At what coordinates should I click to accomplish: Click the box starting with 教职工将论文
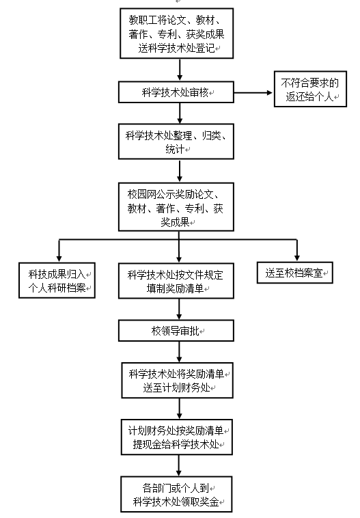(177, 33)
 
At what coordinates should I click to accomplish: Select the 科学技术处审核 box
(176, 92)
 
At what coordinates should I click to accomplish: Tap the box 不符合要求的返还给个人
(310, 89)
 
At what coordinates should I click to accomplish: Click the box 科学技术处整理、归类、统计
(176, 141)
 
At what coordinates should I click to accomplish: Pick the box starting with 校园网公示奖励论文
(176, 207)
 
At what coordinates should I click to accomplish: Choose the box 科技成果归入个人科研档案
(57, 280)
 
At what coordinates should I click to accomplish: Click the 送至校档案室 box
(295, 273)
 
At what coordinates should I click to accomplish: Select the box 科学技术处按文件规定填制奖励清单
(176, 281)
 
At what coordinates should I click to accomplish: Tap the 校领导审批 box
(176, 330)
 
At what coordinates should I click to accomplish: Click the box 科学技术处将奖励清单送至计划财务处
(178, 380)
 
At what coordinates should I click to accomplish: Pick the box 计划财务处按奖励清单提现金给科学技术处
(177, 437)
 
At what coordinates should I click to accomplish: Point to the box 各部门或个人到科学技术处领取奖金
(177, 494)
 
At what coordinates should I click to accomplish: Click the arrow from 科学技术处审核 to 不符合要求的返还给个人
(253, 93)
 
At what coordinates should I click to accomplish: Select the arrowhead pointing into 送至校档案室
(297, 258)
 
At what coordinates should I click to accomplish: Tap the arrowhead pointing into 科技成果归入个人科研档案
(59, 259)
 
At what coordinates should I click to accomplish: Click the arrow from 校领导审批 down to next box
(179, 352)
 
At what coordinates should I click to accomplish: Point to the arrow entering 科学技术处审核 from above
(180, 70)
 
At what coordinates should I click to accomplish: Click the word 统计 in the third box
(175, 149)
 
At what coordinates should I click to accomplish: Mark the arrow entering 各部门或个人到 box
(179, 465)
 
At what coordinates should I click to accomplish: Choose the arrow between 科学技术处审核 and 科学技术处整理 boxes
(180, 113)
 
